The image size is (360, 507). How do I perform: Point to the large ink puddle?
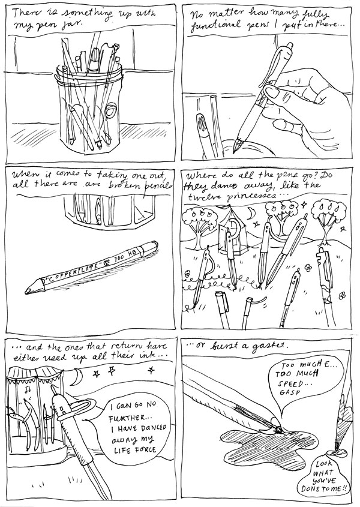(268, 445)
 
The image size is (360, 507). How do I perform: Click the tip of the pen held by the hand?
(236, 150)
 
